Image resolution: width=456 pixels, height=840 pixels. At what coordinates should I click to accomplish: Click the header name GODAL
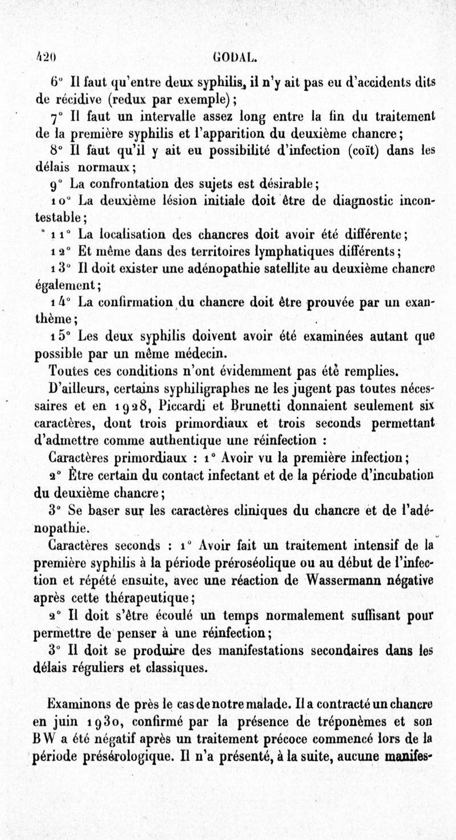pos(233,57)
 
